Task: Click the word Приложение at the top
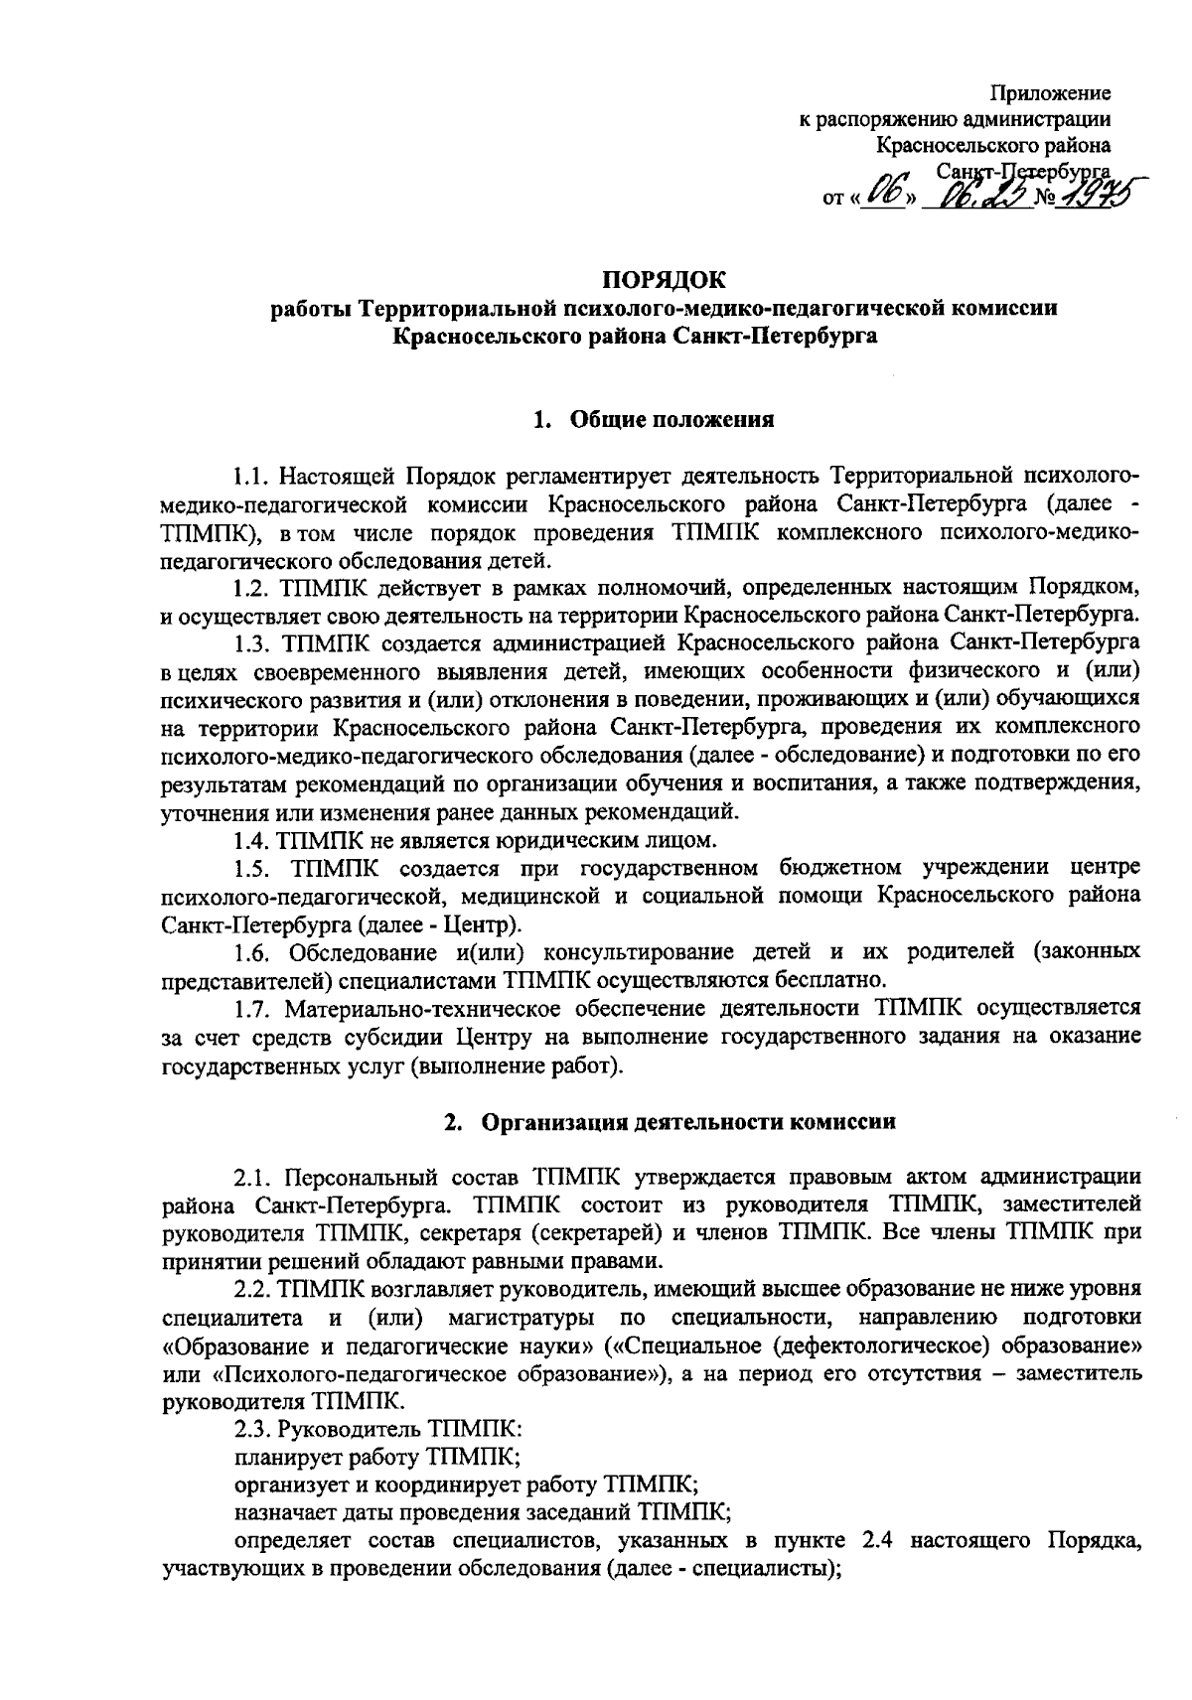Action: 1051,94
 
